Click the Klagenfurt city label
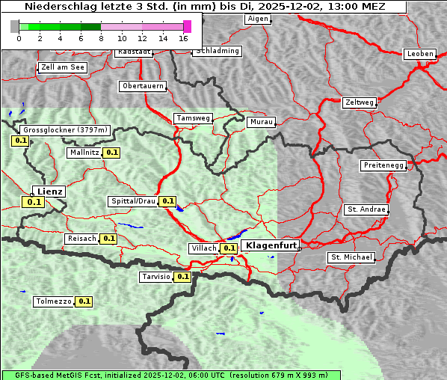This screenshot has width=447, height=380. tap(271, 245)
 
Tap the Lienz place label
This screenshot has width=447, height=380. tap(49, 191)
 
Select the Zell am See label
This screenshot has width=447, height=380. tap(62, 67)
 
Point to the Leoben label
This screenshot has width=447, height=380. tap(419, 54)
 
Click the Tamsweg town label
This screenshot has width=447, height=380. tap(193, 118)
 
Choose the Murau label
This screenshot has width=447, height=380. tap(262, 121)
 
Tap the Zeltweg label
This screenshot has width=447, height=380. tap(359, 102)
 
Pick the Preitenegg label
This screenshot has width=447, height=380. tap(383, 165)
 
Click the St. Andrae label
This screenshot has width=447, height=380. tap(366, 209)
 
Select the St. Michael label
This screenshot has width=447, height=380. tap(351, 257)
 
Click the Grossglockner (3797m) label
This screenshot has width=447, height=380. tap(66, 129)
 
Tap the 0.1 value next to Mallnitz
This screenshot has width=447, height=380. tap(112, 153)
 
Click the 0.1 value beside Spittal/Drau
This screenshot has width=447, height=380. tap(167, 201)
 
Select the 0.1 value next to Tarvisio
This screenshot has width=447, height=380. tap(183, 277)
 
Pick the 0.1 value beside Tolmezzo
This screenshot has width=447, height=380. tap(84, 301)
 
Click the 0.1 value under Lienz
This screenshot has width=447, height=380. tap(34, 202)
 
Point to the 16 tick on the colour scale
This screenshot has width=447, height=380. tap(183, 37)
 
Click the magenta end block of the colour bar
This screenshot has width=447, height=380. tap(187, 26)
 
